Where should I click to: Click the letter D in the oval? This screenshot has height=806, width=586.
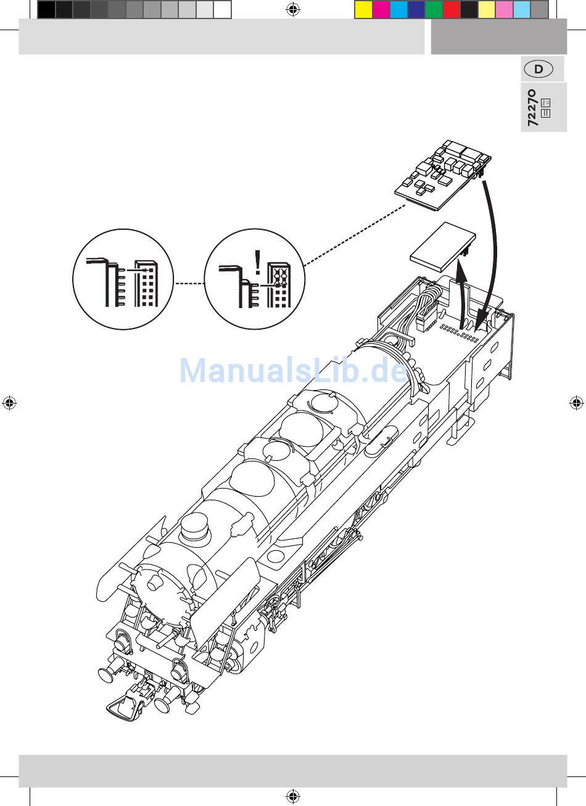[x=539, y=69]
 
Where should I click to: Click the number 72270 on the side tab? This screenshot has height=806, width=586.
[x=533, y=108]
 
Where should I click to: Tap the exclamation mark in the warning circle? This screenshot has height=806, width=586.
[x=257, y=263]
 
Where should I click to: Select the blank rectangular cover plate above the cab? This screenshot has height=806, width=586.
[x=443, y=246]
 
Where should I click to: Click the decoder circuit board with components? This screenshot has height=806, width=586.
[x=443, y=174]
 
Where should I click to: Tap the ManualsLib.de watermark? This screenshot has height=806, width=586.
[x=294, y=370]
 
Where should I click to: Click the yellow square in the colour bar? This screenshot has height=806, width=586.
[x=363, y=10]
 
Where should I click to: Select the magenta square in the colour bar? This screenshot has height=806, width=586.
[x=381, y=10]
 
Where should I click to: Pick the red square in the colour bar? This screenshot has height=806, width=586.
[x=452, y=10]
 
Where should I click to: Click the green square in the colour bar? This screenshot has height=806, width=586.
[x=434, y=10]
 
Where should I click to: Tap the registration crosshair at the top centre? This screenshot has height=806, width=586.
[x=293, y=9]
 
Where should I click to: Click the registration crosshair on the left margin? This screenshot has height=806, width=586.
[x=9, y=402]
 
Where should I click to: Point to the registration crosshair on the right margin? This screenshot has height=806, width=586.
[x=576, y=402]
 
